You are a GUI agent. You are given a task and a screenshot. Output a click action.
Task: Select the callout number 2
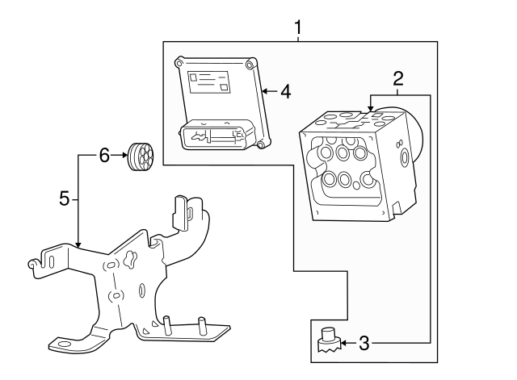tap(397, 78)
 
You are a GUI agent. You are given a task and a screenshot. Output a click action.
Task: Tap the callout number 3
tap(364, 344)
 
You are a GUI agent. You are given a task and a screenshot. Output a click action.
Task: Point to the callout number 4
tap(284, 91)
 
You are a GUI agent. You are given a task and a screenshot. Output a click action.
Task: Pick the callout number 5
tap(65, 198)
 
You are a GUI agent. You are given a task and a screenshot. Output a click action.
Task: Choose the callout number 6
tap(103, 156)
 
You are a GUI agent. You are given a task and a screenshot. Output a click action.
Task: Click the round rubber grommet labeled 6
tap(141, 157)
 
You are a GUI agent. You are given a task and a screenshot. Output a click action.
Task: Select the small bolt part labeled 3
tap(328, 343)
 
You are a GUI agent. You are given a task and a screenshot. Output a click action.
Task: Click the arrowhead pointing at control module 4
tap(265, 91)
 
